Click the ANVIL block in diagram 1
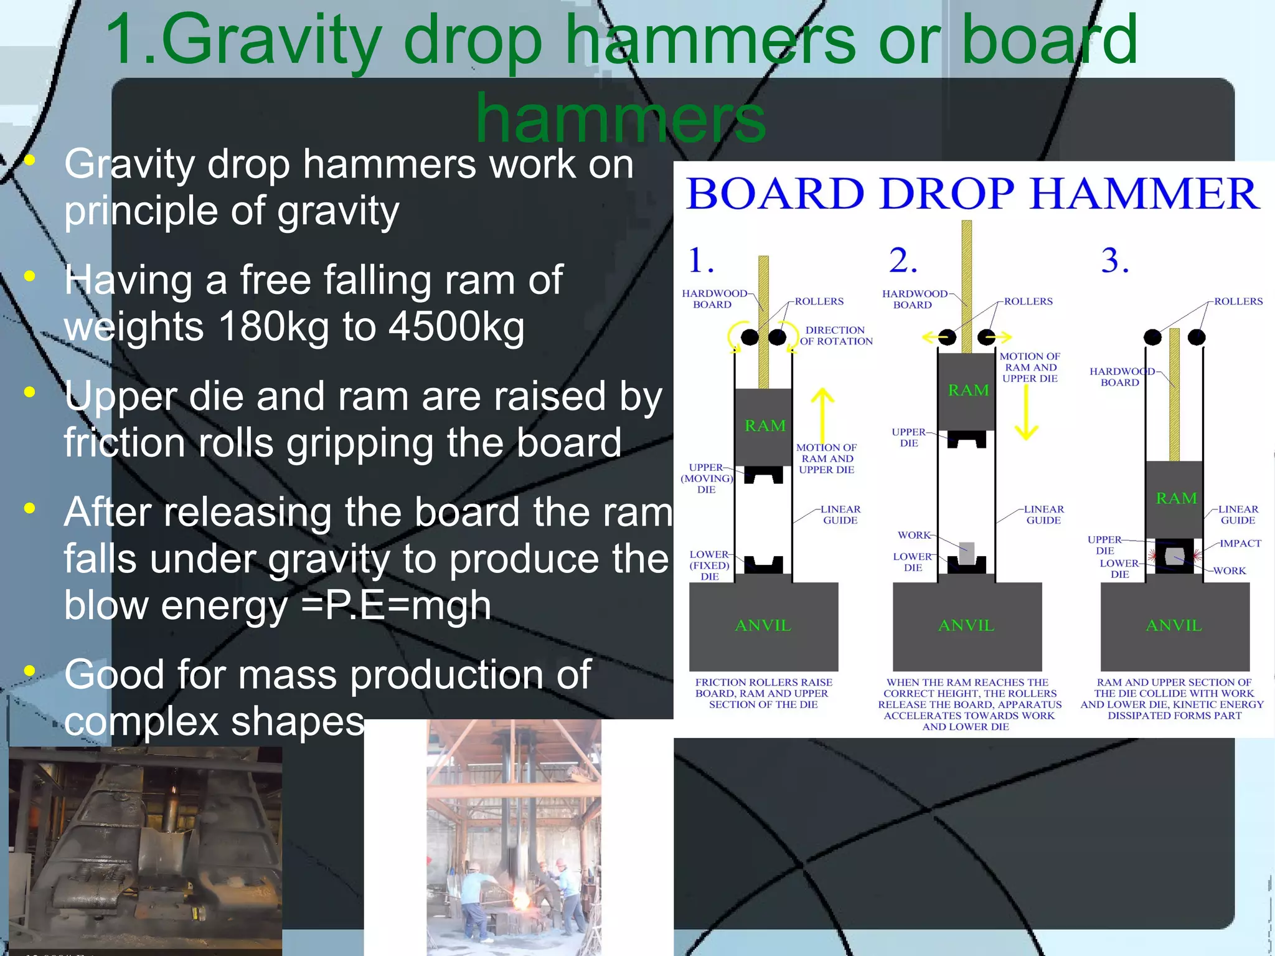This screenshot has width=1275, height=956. pos(763,626)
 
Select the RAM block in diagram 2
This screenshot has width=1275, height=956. pos(967,391)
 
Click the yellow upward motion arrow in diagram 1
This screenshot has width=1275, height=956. pos(822,414)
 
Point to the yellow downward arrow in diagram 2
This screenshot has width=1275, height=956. pos(1026,414)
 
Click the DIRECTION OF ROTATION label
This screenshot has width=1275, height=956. pos(835,336)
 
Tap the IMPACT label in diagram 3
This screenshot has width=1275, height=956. pos(1240,543)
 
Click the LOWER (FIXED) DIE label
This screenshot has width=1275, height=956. pos(709,566)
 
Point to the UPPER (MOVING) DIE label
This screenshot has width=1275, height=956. pos(706,478)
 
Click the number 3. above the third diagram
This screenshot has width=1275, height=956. pos(1114,260)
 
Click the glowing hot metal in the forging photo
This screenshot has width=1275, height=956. pos(520,900)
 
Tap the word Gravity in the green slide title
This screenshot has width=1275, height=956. pos(271,40)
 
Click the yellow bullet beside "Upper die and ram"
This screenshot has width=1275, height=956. pos(29,392)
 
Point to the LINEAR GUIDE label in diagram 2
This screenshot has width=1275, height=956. pos(1043,514)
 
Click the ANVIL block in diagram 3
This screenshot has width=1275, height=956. pos(1174,626)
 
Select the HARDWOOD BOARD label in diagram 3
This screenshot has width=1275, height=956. pos(1121,377)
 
